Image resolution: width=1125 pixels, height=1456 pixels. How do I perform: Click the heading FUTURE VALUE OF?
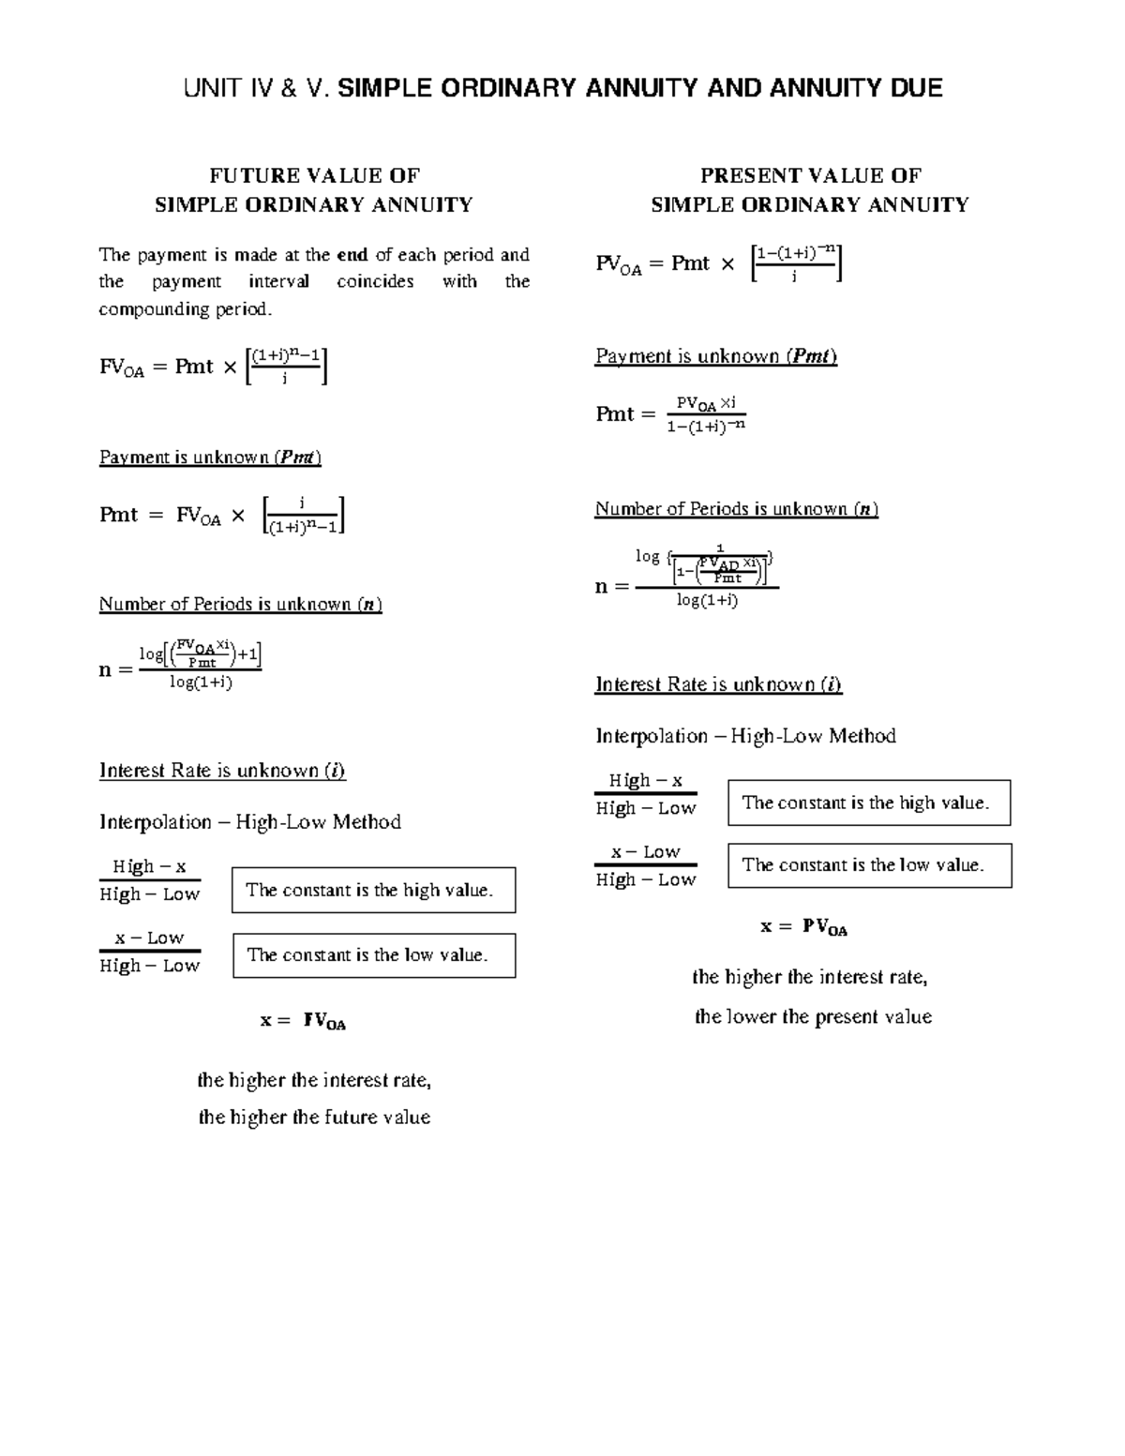pyautogui.click(x=314, y=175)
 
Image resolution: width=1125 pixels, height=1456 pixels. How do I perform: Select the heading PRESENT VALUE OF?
pyautogui.click(x=810, y=175)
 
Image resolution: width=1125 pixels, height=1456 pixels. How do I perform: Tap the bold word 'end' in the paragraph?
pyautogui.click(x=352, y=254)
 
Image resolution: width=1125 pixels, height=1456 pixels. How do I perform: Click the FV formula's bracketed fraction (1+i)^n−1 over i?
pyautogui.click(x=285, y=366)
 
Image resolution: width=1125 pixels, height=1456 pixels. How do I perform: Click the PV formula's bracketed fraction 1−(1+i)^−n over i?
pyautogui.click(x=796, y=263)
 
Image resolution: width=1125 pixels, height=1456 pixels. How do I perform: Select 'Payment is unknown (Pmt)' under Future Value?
pyautogui.click(x=210, y=458)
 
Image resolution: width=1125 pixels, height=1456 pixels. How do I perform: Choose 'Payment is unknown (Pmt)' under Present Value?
pyautogui.click(x=715, y=356)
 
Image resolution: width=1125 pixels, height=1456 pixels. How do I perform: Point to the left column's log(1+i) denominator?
pyautogui.click(x=201, y=683)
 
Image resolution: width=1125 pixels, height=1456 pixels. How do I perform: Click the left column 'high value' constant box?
pyautogui.click(x=373, y=890)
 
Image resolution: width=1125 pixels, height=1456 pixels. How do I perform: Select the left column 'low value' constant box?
pyautogui.click(x=373, y=955)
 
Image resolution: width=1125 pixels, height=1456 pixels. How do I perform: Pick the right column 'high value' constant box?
pyautogui.click(x=869, y=803)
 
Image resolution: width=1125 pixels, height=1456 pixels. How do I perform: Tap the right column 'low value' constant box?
pyautogui.click(x=869, y=865)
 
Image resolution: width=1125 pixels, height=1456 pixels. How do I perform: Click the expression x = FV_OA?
pyautogui.click(x=303, y=1021)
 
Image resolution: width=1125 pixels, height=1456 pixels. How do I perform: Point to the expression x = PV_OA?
pyautogui.click(x=803, y=927)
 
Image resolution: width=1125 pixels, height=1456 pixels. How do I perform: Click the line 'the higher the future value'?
pyautogui.click(x=314, y=1118)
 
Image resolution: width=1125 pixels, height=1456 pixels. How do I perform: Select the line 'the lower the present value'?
pyautogui.click(x=813, y=1017)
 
